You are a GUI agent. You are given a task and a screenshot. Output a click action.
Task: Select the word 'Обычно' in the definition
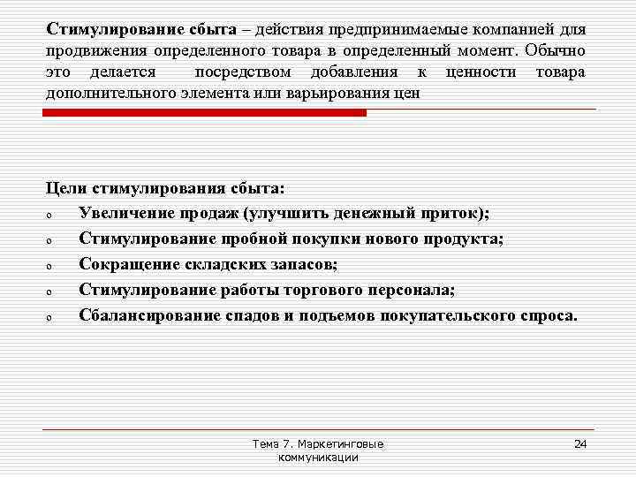click(556, 50)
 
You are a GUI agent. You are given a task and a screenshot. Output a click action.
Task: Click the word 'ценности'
click(481, 72)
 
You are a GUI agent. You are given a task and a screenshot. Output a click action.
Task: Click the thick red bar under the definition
click(206, 113)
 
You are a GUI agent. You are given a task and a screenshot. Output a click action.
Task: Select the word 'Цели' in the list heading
click(64, 188)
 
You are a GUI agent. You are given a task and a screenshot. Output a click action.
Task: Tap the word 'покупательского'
click(443, 314)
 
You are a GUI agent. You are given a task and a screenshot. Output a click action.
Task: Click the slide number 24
click(580, 443)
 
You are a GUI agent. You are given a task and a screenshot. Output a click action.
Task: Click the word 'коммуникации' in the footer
click(318, 458)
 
